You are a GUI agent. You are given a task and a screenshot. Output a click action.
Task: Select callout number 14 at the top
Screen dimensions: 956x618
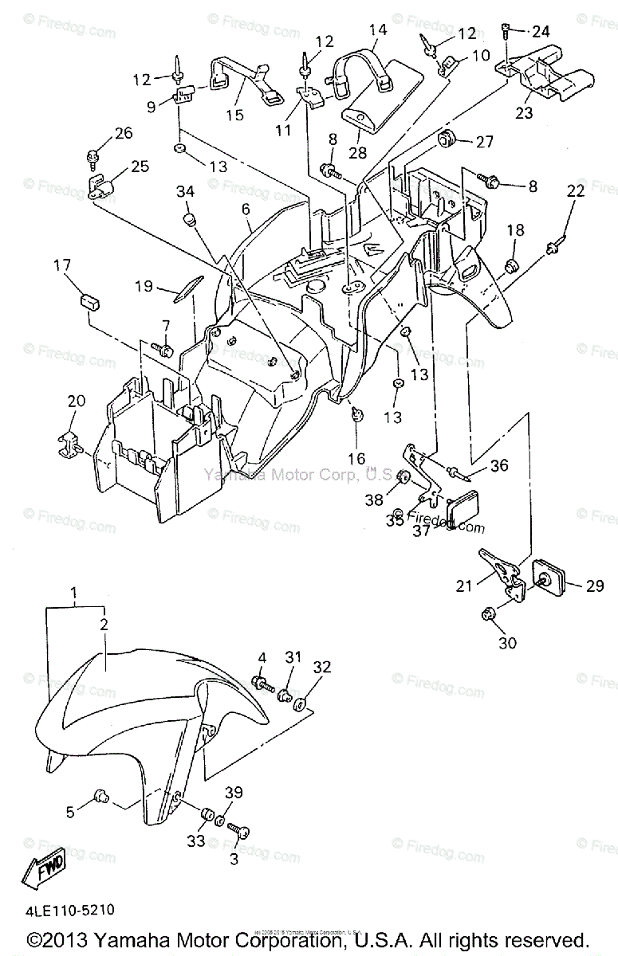pos(377,30)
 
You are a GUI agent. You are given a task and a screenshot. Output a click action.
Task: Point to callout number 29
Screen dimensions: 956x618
pos(596,586)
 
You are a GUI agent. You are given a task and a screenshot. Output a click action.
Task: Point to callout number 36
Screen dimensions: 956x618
pos(498,465)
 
